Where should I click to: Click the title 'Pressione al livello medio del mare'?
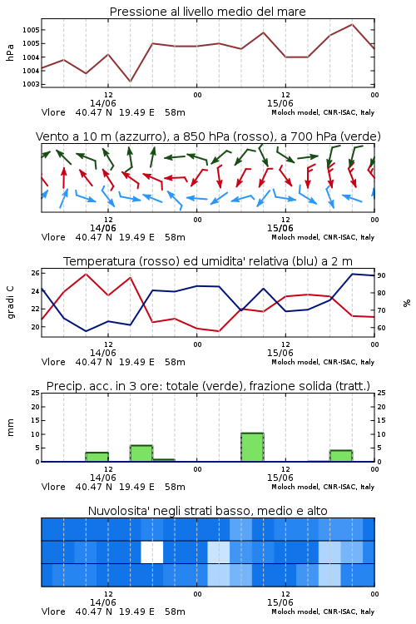click(x=207, y=12)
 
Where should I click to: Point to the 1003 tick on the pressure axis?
click(x=31, y=84)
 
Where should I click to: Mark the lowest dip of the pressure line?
click(x=130, y=82)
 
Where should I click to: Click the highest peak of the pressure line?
click(x=352, y=24)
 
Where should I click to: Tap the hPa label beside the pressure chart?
click(x=10, y=52)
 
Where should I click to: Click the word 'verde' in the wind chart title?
click(x=360, y=137)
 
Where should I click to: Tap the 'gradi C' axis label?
click(x=11, y=302)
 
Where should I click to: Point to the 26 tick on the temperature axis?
click(x=36, y=273)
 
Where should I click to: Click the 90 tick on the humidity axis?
click(x=381, y=275)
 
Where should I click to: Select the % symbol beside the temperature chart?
click(x=407, y=303)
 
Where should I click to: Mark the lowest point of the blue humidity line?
click(x=86, y=331)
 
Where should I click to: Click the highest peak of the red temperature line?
click(x=86, y=274)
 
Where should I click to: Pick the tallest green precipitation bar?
click(x=252, y=448)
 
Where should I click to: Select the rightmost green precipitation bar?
click(x=341, y=456)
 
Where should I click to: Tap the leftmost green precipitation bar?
click(x=97, y=457)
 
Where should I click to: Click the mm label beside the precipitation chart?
click(x=10, y=427)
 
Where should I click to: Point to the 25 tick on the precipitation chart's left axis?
click(x=36, y=393)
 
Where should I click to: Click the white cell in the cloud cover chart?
click(x=152, y=552)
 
